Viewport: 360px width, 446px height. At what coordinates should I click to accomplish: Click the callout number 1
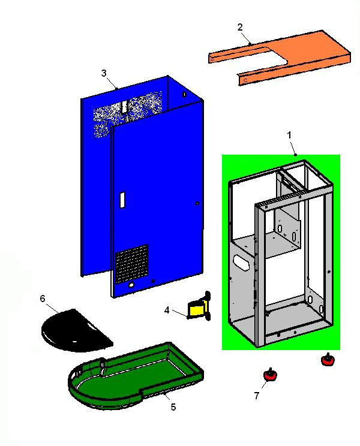289,135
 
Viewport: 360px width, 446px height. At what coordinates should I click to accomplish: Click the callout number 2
240,27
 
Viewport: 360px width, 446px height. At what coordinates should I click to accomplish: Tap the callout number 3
104,73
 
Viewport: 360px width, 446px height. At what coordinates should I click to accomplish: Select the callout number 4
167,310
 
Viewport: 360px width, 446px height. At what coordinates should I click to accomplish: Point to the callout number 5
173,407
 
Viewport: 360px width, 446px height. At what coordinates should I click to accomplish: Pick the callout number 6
43,299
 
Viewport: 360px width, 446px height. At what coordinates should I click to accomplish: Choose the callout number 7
257,395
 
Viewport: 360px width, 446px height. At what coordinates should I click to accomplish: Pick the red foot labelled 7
269,375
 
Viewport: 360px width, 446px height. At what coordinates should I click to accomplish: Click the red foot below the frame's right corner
327,360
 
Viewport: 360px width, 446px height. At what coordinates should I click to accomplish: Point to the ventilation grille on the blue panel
131,264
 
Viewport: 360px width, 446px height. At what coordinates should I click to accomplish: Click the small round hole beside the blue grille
154,281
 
